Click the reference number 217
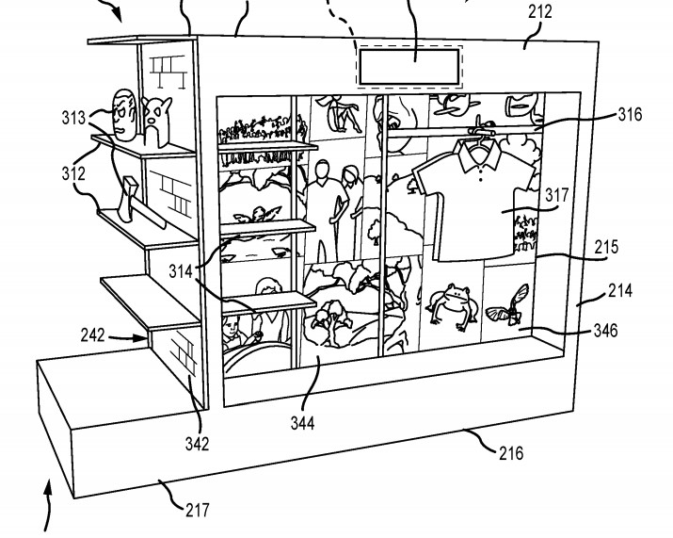pyautogui.click(x=197, y=512)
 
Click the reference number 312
pyautogui.click(x=74, y=173)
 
